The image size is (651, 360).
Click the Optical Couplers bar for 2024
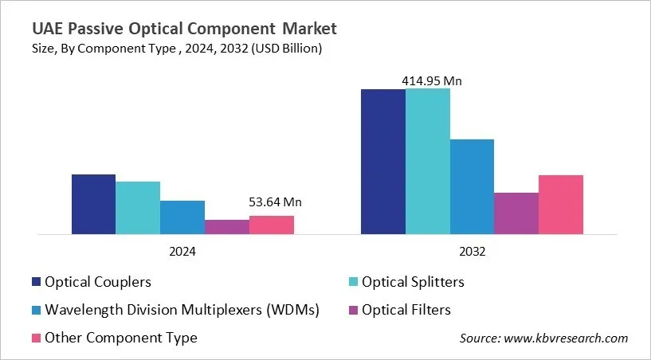93,204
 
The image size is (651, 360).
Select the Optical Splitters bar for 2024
138,208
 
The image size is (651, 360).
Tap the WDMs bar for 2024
182,217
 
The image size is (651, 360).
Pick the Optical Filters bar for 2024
227,227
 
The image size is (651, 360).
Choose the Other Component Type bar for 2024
272,225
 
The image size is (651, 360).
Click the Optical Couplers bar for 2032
383,162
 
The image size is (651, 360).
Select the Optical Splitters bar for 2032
428,162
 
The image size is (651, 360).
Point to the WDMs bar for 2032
472,187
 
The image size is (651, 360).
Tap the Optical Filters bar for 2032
516,213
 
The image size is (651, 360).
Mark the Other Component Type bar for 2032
561,205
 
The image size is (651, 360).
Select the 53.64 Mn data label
275,202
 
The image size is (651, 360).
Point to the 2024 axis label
182,251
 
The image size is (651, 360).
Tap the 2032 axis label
473,251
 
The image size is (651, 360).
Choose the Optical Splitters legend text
413,282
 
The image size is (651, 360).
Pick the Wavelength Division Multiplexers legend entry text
182,310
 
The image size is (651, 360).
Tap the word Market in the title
306,29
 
